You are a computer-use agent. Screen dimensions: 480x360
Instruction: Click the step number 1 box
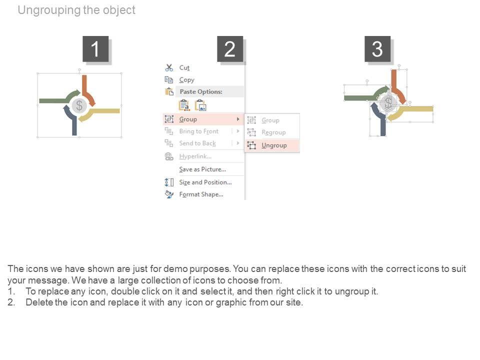[x=95, y=49]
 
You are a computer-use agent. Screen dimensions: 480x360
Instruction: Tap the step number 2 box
[x=230, y=49]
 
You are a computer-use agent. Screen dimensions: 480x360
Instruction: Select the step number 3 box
[x=377, y=49]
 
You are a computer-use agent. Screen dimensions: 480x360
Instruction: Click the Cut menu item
[x=184, y=67]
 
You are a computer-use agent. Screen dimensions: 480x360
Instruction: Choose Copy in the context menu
[x=186, y=79]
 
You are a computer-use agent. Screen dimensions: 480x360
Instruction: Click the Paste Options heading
[x=201, y=91]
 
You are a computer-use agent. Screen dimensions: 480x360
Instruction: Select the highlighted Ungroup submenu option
[x=274, y=145]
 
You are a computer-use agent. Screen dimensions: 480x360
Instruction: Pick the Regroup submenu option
[x=273, y=132]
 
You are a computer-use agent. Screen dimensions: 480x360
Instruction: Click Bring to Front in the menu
[x=198, y=131]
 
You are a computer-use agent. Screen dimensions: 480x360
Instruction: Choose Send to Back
[x=197, y=143]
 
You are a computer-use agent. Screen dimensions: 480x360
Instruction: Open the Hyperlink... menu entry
[x=195, y=156]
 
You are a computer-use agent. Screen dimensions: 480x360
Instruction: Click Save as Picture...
[x=202, y=169]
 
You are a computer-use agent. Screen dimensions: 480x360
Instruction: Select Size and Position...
[x=205, y=182]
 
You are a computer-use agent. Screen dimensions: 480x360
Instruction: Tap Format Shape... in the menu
[x=201, y=194]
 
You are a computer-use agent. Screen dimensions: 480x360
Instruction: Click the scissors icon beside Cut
[x=169, y=67]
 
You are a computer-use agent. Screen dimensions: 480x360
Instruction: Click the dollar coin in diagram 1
[x=79, y=105]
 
